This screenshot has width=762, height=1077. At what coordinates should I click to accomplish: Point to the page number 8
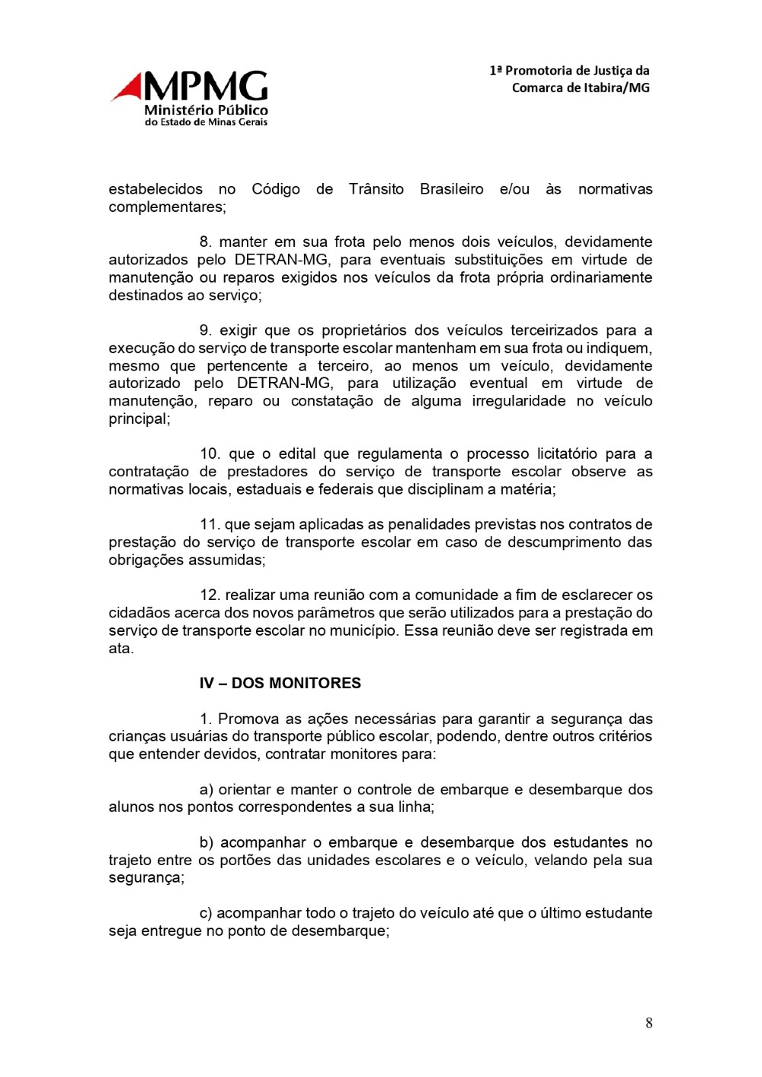coord(648,1023)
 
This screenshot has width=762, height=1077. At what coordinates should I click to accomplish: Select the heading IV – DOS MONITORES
coord(280,683)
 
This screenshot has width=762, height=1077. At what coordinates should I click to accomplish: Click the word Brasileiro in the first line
coord(451,189)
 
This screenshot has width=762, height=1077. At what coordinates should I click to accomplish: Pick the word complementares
coord(167,207)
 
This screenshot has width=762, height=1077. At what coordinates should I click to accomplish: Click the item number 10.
coord(209,454)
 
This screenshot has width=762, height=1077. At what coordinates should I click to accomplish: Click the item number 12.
coord(209,595)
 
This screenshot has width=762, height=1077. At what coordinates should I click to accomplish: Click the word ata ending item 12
coord(120,649)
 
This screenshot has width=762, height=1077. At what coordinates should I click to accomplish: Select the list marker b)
coord(206,842)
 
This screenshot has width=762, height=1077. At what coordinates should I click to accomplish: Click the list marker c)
coord(206,912)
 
